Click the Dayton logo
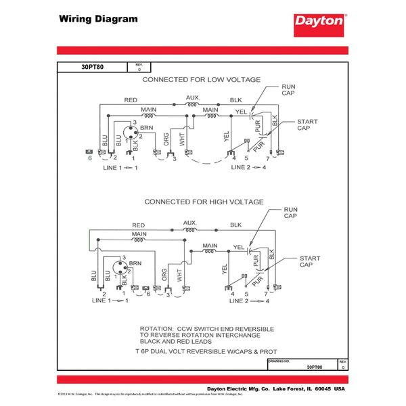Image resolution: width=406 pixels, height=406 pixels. click(319, 20)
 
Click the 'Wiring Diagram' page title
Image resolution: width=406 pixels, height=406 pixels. click(98, 18)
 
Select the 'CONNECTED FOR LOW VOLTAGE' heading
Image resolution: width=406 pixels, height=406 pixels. click(201, 80)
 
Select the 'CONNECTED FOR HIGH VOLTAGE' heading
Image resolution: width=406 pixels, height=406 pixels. click(202, 202)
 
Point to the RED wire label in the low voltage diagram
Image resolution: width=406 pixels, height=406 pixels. click(131, 100)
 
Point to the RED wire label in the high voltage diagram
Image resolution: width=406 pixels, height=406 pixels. click(139, 225)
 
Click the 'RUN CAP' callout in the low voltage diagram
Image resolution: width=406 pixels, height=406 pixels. click(289, 91)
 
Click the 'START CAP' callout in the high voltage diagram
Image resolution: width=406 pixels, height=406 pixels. click(310, 262)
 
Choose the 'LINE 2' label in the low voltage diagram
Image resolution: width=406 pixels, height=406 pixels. click(238, 166)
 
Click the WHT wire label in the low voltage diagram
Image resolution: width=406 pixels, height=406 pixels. click(182, 140)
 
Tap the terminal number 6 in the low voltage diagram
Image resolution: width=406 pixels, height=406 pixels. click(89, 157)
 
